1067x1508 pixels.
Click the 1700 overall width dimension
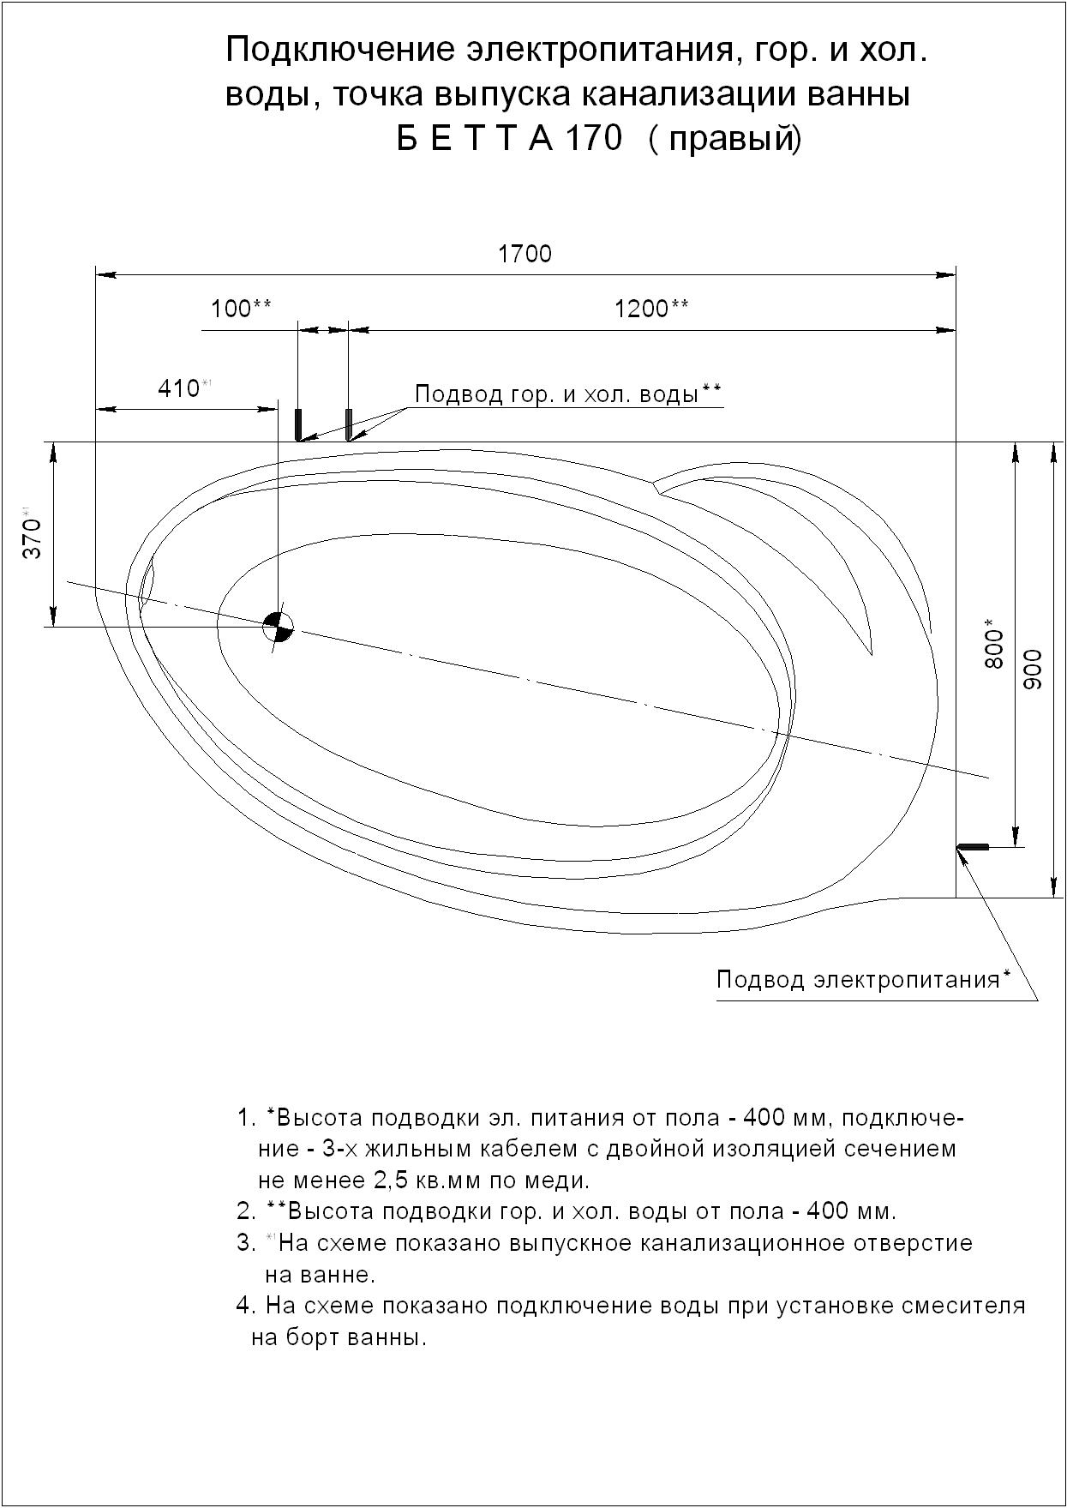pyautogui.click(x=525, y=254)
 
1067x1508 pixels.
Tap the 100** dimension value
pyautogui.click(x=242, y=309)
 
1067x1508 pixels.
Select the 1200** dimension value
pyautogui.click(x=651, y=309)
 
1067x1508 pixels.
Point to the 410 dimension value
pyautogui.click(x=179, y=388)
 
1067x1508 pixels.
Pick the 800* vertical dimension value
pyautogui.click(x=993, y=643)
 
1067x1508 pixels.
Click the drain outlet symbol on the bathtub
pyautogui.click(x=278, y=627)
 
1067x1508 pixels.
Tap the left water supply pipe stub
pyautogui.click(x=298, y=424)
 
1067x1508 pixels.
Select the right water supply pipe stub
pyautogui.click(x=349, y=424)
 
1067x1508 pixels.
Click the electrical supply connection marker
pyautogui.click(x=973, y=847)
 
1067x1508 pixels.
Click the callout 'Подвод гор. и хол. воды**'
pyautogui.click(x=568, y=394)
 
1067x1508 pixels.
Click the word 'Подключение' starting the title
pyautogui.click(x=340, y=51)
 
